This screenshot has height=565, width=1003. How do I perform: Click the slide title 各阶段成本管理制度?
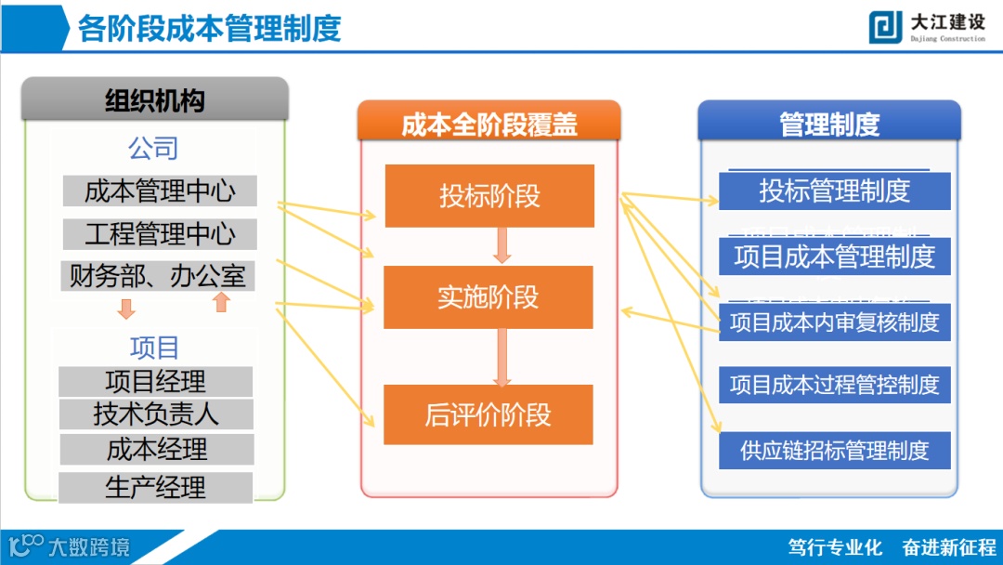click(209, 28)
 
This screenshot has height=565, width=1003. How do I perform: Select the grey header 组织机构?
click(155, 99)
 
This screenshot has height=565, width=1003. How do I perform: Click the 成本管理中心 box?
click(160, 191)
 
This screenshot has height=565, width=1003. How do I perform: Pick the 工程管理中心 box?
click(160, 233)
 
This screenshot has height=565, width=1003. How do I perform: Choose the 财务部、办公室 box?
click(159, 276)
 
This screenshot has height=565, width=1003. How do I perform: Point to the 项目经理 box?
click(155, 381)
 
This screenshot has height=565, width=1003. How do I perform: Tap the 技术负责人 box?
click(155, 414)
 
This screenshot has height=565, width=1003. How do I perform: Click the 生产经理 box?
click(155, 487)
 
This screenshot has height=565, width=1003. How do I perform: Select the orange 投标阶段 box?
click(489, 196)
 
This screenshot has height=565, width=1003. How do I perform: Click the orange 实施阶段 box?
click(488, 297)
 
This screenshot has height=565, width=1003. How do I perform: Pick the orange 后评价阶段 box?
click(488, 414)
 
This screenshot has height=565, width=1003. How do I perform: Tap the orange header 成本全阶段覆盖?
click(488, 125)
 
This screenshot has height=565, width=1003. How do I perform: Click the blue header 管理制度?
click(828, 124)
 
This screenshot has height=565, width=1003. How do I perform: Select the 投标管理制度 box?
click(834, 191)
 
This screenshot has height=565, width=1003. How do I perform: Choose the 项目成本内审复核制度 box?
click(834, 322)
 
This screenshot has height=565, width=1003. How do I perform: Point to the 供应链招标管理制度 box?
click(834, 451)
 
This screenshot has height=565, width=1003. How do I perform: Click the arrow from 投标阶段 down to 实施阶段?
click(502, 245)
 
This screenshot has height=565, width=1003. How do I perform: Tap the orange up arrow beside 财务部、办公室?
click(221, 302)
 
